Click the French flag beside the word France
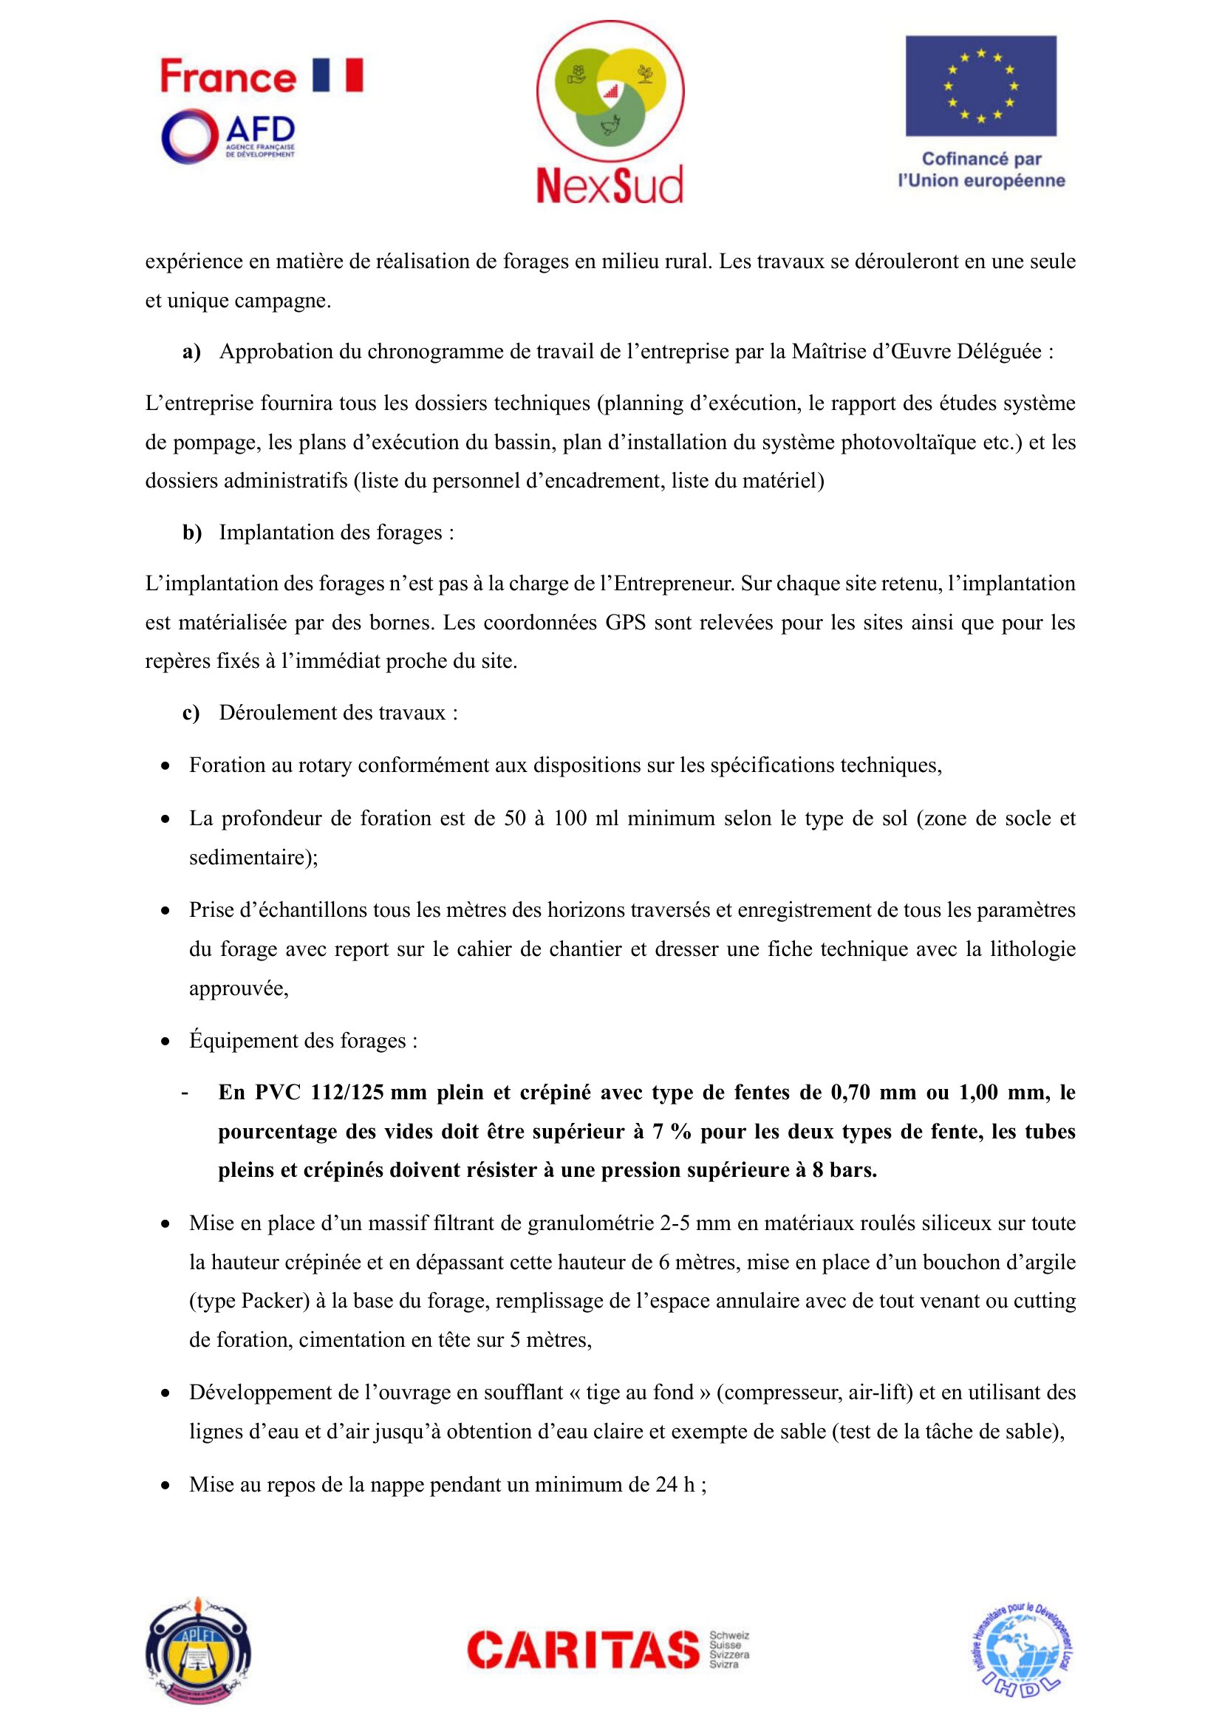click(337, 75)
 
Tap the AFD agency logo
click(228, 136)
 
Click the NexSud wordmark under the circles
click(610, 185)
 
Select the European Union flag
click(980, 86)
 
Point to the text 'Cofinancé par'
click(981, 159)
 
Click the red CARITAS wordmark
click(583, 1650)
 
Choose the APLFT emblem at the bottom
click(198, 1649)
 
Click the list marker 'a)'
click(191, 352)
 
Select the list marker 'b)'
click(192, 533)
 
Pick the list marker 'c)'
click(191, 713)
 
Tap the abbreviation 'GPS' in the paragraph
click(625, 622)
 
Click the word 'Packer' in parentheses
click(271, 1301)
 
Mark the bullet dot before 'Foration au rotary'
click(165, 767)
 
